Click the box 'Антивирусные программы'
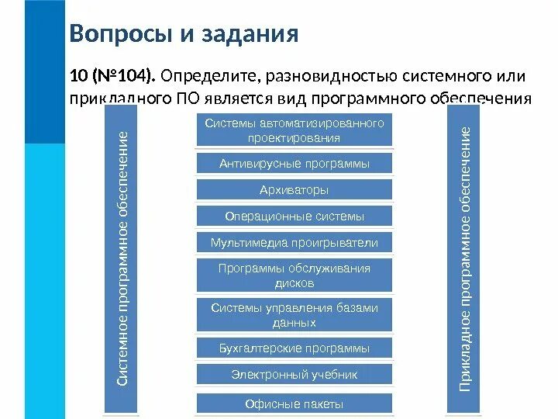(294, 164)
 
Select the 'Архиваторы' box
(294, 190)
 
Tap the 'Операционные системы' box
(294, 216)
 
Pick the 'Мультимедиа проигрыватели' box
(294, 243)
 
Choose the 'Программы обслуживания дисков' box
(294, 275)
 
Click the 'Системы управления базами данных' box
(294, 314)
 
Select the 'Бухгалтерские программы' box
(294, 348)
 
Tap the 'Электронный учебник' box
(294, 374)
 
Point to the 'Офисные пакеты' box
(294, 403)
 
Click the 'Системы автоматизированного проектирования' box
(294, 130)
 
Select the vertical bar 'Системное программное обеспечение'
(122, 259)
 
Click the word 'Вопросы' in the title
(117, 34)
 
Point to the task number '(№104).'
(125, 77)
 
